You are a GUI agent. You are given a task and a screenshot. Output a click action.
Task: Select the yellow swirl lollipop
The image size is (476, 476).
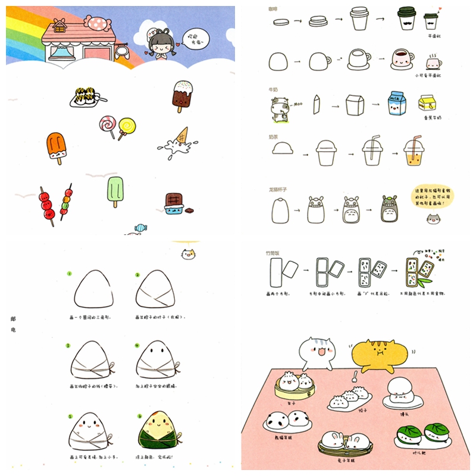click(x=126, y=126)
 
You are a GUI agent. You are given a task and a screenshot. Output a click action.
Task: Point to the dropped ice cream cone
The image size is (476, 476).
click(x=176, y=140)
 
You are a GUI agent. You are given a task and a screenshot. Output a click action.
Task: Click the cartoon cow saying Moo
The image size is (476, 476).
click(x=279, y=108)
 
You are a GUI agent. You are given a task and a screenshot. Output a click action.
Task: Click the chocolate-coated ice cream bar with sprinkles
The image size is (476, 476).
click(x=182, y=96)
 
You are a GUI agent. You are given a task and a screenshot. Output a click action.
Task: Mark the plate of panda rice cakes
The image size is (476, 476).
click(x=286, y=419)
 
